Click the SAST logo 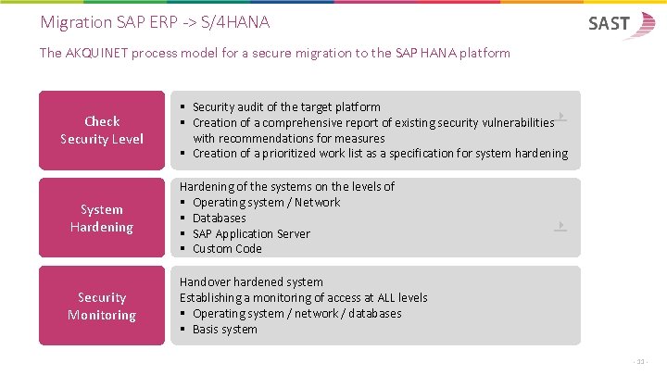click(620, 24)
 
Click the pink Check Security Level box click(102, 130)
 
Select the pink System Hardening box click(102, 218)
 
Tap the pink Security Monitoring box click(102, 306)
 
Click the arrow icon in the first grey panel click(560, 118)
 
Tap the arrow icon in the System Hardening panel click(560, 225)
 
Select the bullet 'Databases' click(219, 218)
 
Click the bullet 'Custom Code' click(227, 248)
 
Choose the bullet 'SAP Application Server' click(251, 233)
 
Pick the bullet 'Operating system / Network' click(266, 202)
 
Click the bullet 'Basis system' click(224, 329)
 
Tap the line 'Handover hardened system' click(251, 281)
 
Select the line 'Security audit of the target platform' click(286, 106)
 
